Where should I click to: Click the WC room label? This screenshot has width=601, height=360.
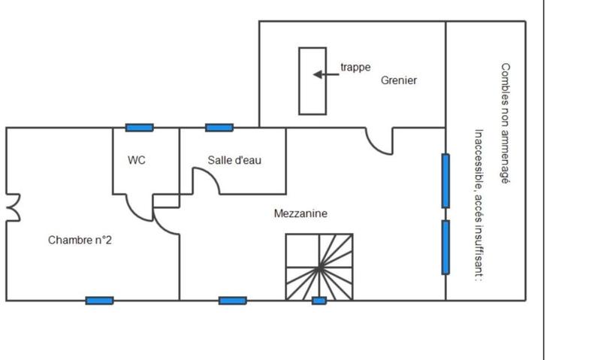click(137, 160)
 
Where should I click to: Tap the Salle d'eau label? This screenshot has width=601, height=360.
click(234, 160)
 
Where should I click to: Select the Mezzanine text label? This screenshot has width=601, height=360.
click(300, 213)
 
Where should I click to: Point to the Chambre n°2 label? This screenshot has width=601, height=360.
click(80, 241)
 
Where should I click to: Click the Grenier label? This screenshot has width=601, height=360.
click(398, 80)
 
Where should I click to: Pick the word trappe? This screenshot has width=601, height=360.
click(355, 67)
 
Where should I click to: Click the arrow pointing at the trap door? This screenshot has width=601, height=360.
click(326, 74)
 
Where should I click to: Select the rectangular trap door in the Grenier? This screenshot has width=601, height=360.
click(313, 81)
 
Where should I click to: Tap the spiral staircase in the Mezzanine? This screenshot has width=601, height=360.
click(319, 267)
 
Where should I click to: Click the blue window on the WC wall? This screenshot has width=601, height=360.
click(139, 128)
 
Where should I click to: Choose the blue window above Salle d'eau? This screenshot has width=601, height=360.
click(219, 128)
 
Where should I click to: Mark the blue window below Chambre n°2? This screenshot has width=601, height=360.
click(99, 301)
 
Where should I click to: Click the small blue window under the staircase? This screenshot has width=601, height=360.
click(319, 301)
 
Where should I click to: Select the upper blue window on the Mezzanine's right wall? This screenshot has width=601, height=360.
click(445, 180)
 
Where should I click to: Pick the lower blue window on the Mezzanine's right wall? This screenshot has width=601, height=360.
click(445, 247)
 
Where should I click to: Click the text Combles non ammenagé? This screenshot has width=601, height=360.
click(505, 124)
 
